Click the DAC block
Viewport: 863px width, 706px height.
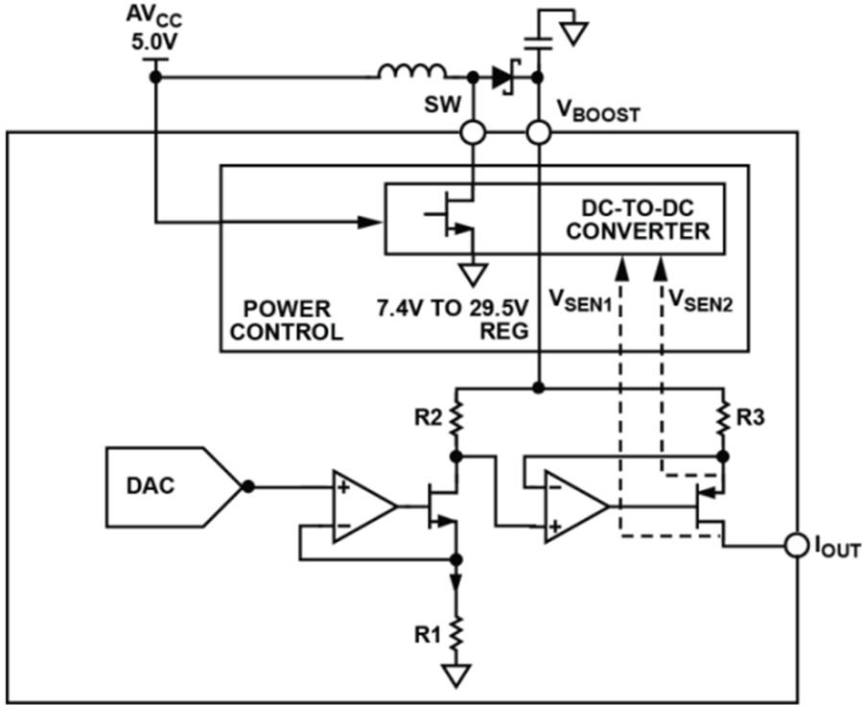pyautogui.click(x=174, y=487)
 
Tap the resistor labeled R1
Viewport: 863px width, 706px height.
pyautogui.click(x=455, y=633)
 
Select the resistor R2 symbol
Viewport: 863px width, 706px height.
pyautogui.click(x=455, y=419)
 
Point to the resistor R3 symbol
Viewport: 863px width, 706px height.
pyautogui.click(x=724, y=419)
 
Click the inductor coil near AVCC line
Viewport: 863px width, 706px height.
pyautogui.click(x=411, y=72)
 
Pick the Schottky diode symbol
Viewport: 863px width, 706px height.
pyautogui.click(x=503, y=78)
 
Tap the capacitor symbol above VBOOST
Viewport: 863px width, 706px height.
pyautogui.click(x=538, y=43)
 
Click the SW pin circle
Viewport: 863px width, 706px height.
pyautogui.click(x=472, y=132)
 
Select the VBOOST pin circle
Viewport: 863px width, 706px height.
pyautogui.click(x=538, y=132)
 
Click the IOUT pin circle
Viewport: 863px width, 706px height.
pyautogui.click(x=797, y=546)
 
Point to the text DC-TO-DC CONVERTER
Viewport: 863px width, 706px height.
pyautogui.click(x=638, y=220)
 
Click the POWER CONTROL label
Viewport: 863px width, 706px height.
pyautogui.click(x=287, y=320)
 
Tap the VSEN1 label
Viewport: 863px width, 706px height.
pyautogui.click(x=581, y=300)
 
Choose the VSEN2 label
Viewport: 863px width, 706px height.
pyautogui.click(x=700, y=300)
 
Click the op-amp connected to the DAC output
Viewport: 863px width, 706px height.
pyautogui.click(x=363, y=506)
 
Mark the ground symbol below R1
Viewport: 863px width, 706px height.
pyautogui.click(x=455, y=675)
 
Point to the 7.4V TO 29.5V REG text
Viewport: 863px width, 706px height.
pyautogui.click(x=453, y=320)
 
